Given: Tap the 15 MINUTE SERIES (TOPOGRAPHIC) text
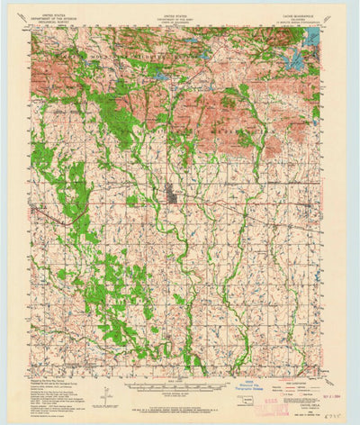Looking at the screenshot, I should coord(296,23).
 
